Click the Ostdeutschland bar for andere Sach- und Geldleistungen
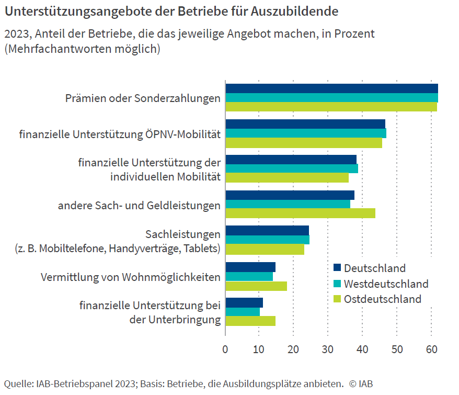point(300,213)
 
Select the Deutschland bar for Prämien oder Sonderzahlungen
point(331,88)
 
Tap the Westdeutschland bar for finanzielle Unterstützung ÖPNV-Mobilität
point(306,133)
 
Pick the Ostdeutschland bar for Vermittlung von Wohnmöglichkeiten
point(256,286)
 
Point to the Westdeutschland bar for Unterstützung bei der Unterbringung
point(243,312)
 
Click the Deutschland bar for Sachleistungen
point(267,230)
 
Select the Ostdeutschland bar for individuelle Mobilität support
point(287,178)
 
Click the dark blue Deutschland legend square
point(337,268)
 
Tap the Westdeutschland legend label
point(386,284)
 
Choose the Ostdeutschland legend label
point(383,299)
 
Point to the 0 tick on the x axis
point(225,349)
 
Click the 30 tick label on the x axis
point(328,349)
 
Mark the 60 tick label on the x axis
point(431,349)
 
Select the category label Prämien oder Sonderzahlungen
point(143,98)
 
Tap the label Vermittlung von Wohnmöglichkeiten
point(131,277)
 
